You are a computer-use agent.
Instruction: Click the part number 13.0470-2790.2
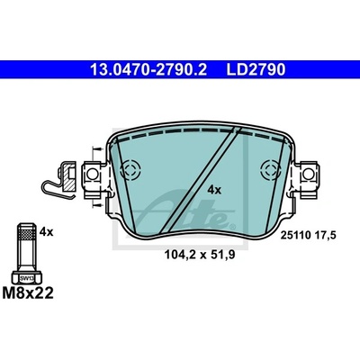pyautogui.click(x=148, y=69)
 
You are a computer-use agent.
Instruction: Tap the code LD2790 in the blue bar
pyautogui.click(x=256, y=69)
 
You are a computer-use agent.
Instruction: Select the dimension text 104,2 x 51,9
pyautogui.click(x=200, y=255)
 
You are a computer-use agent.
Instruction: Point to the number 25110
pyautogui.click(x=295, y=236)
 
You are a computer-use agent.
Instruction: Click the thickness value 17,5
pyautogui.click(x=324, y=236)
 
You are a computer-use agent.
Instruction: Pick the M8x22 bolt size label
pyautogui.click(x=28, y=292)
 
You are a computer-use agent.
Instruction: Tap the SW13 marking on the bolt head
pyautogui.click(x=27, y=279)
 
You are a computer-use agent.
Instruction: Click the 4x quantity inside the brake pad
pyautogui.click(x=214, y=190)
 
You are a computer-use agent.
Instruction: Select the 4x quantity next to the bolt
pyautogui.click(x=46, y=232)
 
